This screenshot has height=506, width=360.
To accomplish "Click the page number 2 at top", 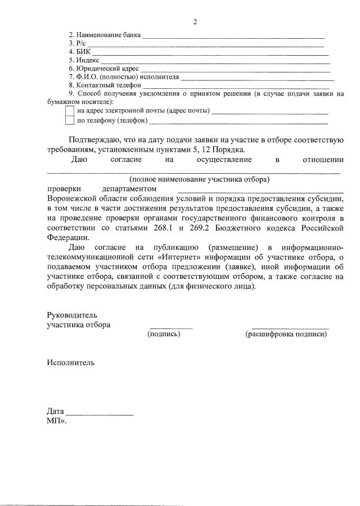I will coord(195,22).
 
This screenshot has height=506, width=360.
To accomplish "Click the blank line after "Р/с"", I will coord(205,44).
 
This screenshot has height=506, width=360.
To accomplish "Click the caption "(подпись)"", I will coord(164,334).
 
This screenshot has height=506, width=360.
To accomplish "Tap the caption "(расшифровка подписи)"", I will coord(286,334).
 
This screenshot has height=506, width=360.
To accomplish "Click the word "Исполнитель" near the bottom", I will coord(71,363).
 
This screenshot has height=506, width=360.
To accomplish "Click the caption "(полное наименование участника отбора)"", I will coord(200,180).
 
